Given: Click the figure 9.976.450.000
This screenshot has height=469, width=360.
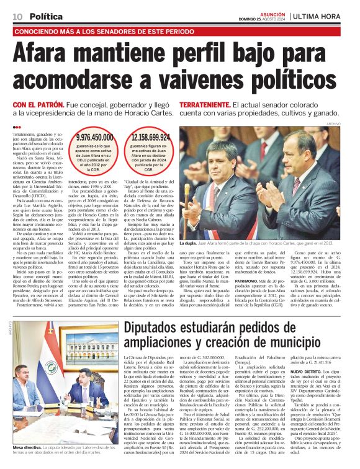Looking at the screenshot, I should click(x=94, y=139).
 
